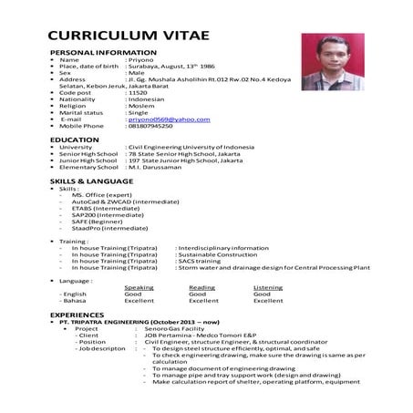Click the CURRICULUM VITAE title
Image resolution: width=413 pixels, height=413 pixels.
128,36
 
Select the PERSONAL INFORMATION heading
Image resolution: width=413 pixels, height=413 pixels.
99,54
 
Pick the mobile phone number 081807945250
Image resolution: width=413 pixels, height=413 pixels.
150,126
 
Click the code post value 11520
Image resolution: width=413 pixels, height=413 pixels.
138,93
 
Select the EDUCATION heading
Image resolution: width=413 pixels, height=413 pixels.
75,139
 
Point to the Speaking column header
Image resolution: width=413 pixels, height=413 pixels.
139,287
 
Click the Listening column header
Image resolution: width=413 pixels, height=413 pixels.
267,287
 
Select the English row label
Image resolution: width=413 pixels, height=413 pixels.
75,294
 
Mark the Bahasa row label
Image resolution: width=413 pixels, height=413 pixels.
75,301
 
